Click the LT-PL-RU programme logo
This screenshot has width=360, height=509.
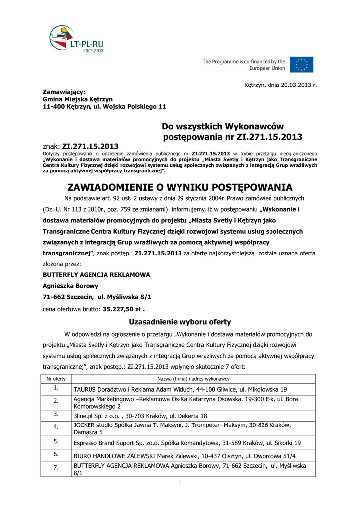[77, 39]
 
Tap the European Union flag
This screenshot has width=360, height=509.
[302, 65]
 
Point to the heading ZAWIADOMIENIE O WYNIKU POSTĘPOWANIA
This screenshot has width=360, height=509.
[180, 188]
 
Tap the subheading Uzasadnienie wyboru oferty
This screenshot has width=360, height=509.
[180, 321]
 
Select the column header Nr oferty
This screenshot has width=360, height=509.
[56, 379]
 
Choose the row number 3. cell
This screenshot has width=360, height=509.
[56, 415]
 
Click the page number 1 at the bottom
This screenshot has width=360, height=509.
[180, 482]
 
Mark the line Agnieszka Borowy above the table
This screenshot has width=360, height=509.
[71, 286]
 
